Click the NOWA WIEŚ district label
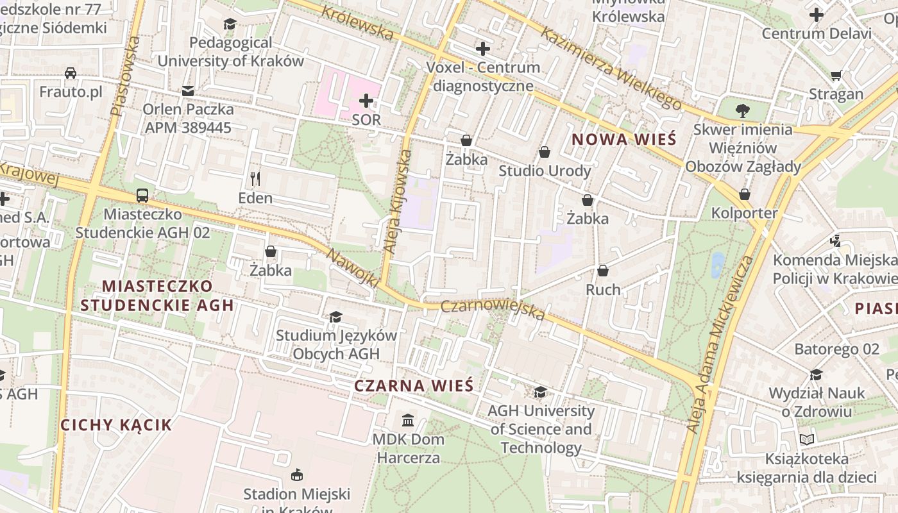click(623, 139)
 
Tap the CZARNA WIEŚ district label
click(414, 385)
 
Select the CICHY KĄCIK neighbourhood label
click(116, 425)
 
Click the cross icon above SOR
click(366, 101)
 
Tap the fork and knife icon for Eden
click(255, 178)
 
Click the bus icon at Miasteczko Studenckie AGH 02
click(142, 195)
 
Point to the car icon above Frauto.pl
click(71, 73)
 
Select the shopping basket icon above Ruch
click(603, 271)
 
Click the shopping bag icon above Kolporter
click(745, 194)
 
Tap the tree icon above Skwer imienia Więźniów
click(743, 110)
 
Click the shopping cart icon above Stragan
click(836, 76)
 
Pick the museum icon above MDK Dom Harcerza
click(408, 421)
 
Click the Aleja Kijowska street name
click(397, 200)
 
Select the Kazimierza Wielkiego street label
click(610, 68)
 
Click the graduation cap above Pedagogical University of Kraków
click(230, 24)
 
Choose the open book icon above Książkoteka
click(807, 440)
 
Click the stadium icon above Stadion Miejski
click(296, 475)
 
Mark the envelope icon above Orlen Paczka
click(188, 91)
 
